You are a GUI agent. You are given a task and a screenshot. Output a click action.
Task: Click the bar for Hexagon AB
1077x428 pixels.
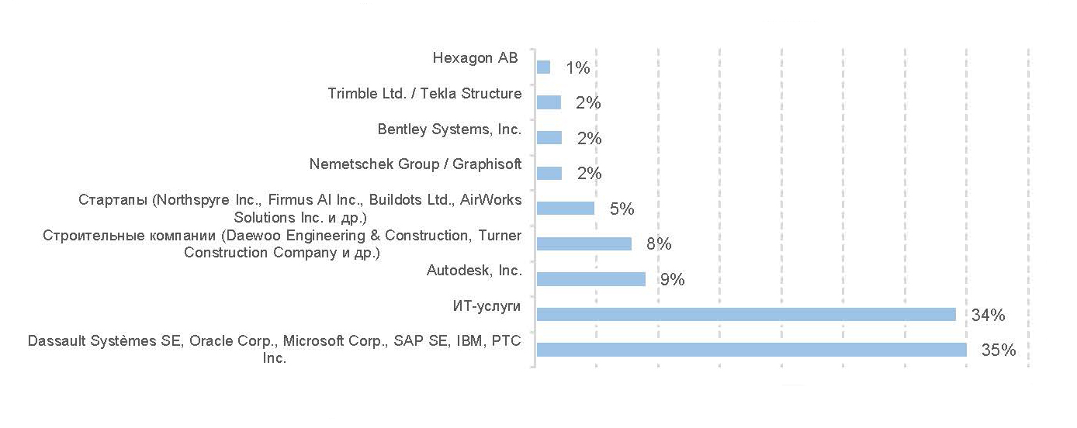tap(544, 67)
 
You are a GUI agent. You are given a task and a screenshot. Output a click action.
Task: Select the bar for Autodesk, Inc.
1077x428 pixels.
tap(591, 279)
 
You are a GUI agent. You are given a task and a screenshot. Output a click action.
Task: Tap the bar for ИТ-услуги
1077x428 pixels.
tap(746, 314)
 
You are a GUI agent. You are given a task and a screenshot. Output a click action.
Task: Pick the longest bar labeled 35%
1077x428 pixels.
tap(751, 350)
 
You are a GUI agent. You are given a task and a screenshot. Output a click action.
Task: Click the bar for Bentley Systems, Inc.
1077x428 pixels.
tap(549, 138)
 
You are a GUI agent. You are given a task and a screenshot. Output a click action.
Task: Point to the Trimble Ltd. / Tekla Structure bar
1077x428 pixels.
tap(549, 102)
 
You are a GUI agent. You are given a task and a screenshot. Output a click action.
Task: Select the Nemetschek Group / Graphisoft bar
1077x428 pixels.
tap(549, 173)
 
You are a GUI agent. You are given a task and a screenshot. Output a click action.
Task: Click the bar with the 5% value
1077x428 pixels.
tap(566, 209)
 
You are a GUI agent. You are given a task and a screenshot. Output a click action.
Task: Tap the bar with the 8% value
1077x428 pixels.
tap(584, 243)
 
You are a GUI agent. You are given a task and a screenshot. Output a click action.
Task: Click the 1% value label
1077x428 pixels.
tap(578, 68)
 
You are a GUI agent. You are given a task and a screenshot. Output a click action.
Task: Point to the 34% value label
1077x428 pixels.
tap(988, 315)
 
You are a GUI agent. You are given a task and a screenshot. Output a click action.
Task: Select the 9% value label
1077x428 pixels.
tap(672, 280)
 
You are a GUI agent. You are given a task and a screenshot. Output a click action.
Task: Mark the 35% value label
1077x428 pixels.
tap(999, 350)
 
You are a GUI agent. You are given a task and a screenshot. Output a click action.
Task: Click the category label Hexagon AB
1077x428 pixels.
tap(474, 58)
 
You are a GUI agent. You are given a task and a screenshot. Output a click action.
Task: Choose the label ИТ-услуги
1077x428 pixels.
tap(487, 306)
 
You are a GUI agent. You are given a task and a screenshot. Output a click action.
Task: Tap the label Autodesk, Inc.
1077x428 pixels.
tap(474, 271)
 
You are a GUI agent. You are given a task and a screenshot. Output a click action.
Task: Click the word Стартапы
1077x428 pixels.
tap(113, 200)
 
